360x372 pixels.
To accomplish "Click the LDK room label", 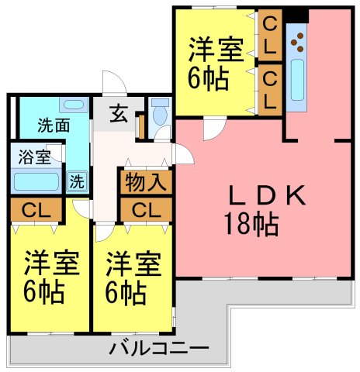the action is coord(267,195).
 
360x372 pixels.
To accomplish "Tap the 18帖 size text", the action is coord(251,224).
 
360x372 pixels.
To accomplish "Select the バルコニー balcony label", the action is coord(158,349).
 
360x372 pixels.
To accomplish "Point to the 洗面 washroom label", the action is coord(54,126).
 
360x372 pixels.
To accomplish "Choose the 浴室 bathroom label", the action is coord(34,157).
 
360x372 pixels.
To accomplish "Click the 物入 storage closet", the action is coord(146,182).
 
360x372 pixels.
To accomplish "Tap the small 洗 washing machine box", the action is coord(78,181).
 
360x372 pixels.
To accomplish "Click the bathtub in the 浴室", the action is coord(36,181).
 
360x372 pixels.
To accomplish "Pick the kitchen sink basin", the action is coord(297,80).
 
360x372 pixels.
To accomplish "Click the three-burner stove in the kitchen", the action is coord(298,43).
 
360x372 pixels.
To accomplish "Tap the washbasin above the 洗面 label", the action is coord(74,105).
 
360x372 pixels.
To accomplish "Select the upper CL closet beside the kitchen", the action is coord(270,35).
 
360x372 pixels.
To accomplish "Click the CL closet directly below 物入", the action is coord(146,210).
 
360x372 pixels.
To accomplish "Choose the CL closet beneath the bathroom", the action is coord(36,210).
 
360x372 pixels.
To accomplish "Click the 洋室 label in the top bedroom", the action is coord(216,50).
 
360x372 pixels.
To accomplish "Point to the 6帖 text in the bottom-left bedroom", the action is coord(44,291).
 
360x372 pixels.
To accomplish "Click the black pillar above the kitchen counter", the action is coord(297,15).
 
